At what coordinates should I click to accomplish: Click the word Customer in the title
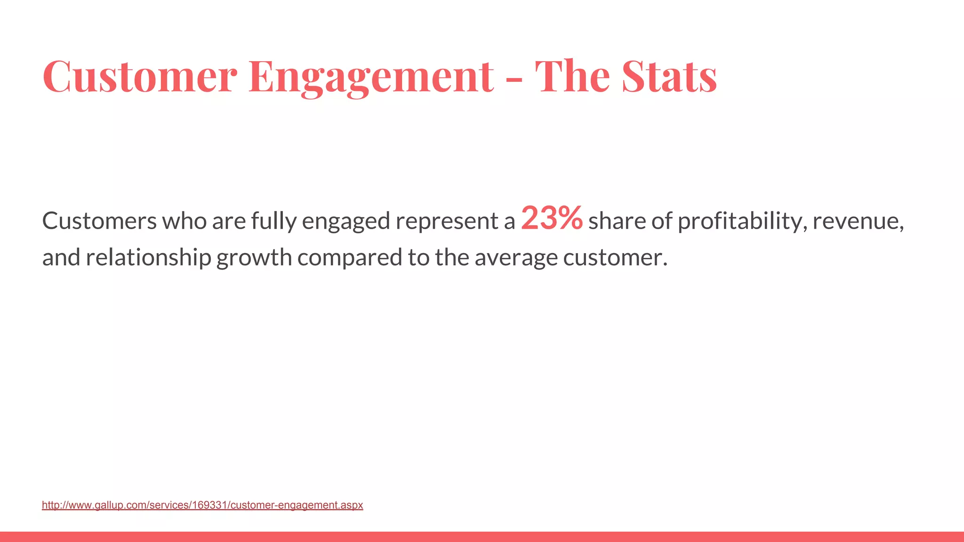(139, 76)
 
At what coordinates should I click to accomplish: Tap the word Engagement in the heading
(371, 76)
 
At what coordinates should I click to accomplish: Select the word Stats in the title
(669, 76)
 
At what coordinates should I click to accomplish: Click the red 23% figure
(552, 219)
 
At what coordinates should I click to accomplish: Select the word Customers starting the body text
(99, 221)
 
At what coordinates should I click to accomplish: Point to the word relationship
(148, 258)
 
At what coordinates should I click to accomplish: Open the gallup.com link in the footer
(202, 505)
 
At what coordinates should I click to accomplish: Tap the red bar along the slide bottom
(482, 537)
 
